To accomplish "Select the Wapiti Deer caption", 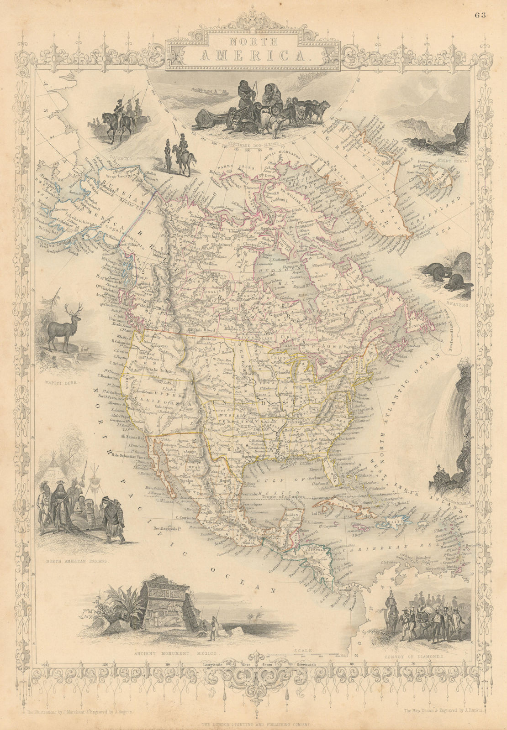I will point(63,379).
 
